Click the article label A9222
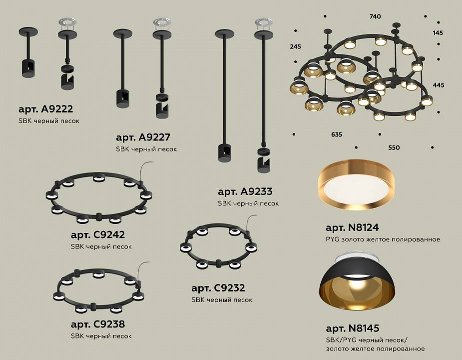coord(42,109)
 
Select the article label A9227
coord(140,137)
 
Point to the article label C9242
coord(97,235)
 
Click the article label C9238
coord(97,324)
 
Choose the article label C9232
coord(218,288)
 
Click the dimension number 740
coord(375,16)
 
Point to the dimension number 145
coord(438,33)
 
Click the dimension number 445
coord(438,85)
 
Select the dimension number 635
coord(336,134)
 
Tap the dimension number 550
coord(394,148)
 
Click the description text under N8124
coord(383,239)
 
